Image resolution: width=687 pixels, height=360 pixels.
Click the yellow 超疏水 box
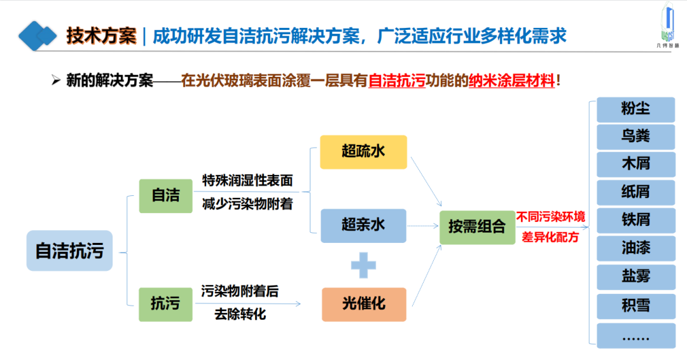(x=363, y=151)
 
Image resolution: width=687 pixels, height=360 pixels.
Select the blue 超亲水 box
(x=363, y=225)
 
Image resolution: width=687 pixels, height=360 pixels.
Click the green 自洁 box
(x=165, y=195)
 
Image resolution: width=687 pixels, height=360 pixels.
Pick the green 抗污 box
(x=165, y=304)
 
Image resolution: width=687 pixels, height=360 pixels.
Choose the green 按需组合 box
(x=477, y=226)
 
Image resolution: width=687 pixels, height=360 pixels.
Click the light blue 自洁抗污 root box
(x=69, y=251)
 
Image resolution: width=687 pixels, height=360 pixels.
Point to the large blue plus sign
(x=363, y=265)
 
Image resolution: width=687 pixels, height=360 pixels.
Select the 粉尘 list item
(x=635, y=109)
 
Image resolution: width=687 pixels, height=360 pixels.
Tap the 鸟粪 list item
(x=635, y=136)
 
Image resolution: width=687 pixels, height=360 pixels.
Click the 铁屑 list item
(x=635, y=220)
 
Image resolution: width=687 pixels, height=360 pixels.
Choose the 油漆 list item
(x=635, y=247)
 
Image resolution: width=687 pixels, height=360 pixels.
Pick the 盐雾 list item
(x=635, y=277)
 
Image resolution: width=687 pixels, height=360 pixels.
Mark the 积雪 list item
(x=635, y=305)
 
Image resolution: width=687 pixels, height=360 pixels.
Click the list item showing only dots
(x=635, y=335)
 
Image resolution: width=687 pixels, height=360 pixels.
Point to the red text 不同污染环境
(x=551, y=217)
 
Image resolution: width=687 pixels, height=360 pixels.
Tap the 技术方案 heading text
(x=102, y=36)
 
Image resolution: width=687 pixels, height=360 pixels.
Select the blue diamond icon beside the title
(x=38, y=36)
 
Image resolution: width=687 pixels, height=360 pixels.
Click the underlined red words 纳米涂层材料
(x=511, y=81)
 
